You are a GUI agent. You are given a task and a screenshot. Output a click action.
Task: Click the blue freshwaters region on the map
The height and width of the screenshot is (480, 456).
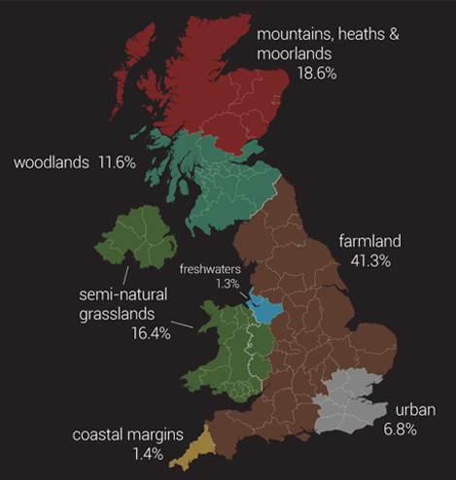pos(265,307)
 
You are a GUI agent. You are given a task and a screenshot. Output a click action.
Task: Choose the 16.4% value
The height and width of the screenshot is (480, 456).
pos(150,332)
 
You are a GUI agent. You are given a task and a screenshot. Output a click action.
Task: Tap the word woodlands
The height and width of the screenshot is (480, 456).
pos(52,161)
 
